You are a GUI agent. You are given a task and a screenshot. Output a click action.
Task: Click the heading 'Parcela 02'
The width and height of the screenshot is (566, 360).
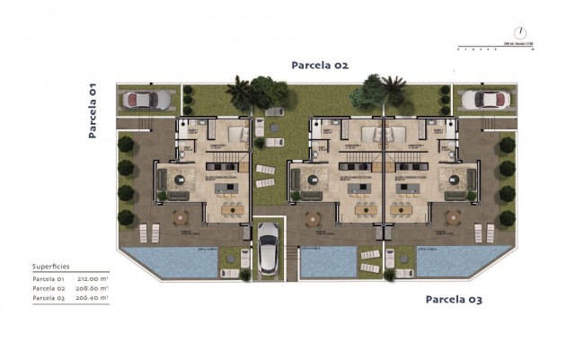pos(319,65)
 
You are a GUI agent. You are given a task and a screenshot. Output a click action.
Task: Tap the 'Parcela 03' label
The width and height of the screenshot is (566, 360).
pos(454,299)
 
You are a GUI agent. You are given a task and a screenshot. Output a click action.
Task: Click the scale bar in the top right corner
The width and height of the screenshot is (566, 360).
pos(494,45)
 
